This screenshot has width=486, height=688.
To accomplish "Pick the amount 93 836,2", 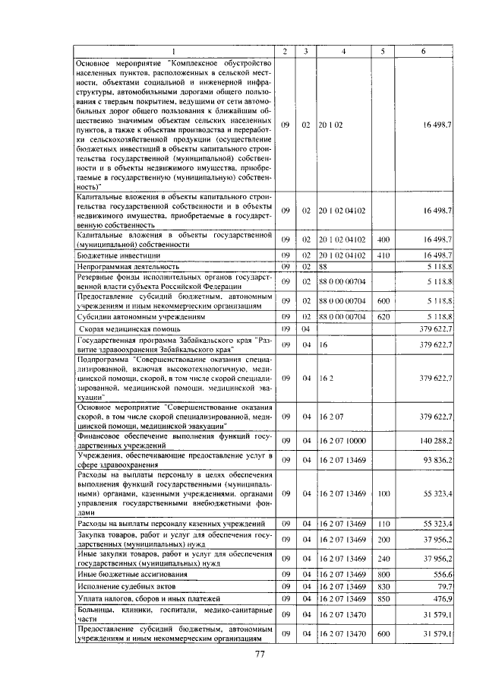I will [438, 459].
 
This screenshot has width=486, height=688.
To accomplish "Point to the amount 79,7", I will [445, 587].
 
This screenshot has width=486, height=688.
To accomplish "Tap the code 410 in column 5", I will [383, 255].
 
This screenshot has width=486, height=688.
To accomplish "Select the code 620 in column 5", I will [383, 315].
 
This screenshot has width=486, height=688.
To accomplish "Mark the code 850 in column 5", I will [383, 599].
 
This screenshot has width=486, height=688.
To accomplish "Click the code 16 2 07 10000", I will [342, 440].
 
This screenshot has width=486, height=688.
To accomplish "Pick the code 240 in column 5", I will [383, 558].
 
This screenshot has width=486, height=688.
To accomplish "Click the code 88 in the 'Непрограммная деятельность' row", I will [323, 267].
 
